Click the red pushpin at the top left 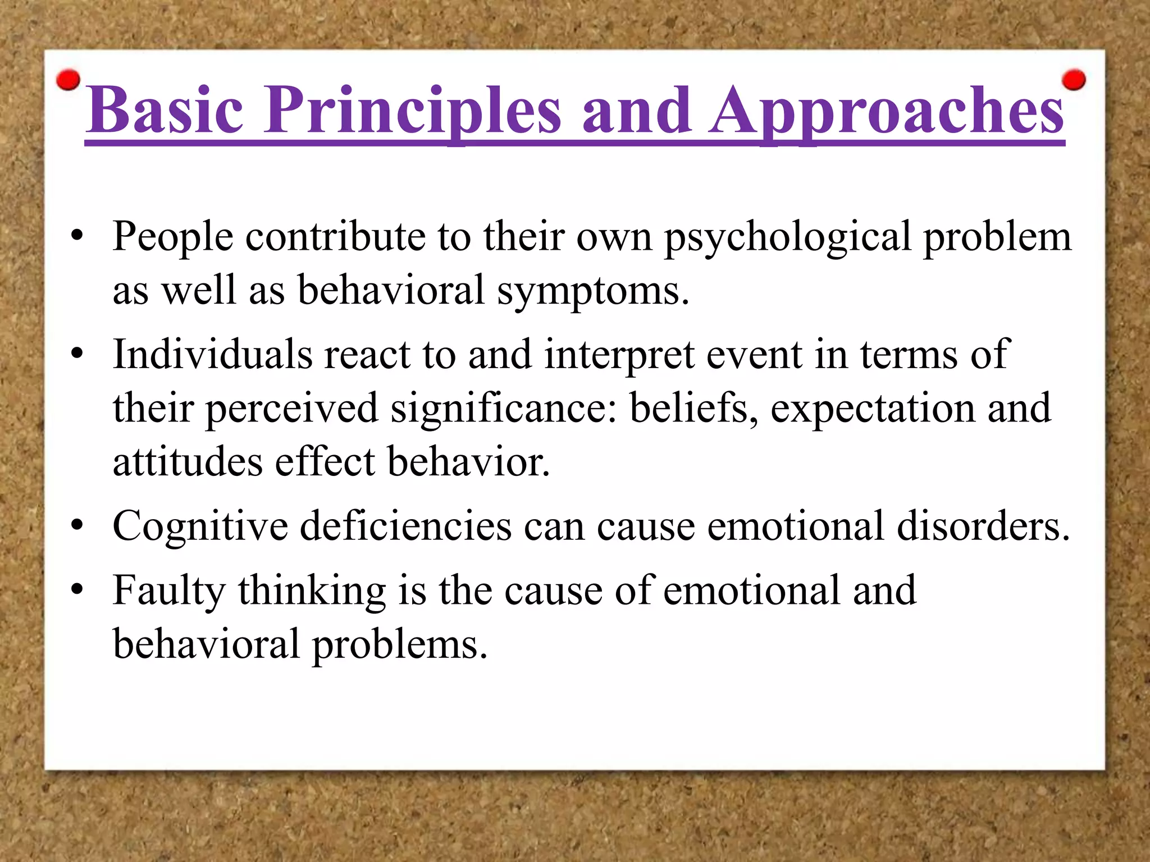coord(69,80)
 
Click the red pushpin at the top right coord(1074,80)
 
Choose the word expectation coord(872,409)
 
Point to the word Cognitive coord(200,526)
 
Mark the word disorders coord(983,526)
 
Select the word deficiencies coord(405,526)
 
